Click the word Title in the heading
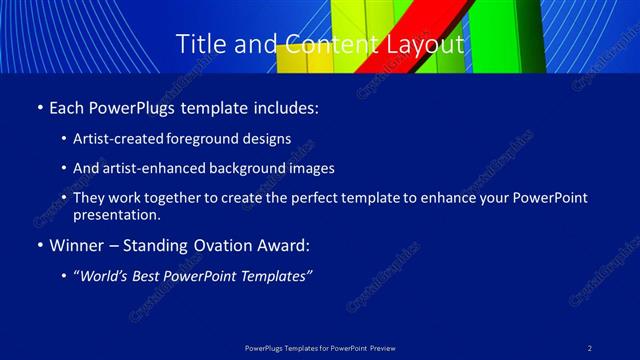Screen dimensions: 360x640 200,45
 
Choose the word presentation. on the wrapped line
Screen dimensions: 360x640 117,214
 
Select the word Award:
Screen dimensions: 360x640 283,244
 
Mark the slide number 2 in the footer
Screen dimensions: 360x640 590,347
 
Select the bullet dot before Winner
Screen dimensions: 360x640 39,245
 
